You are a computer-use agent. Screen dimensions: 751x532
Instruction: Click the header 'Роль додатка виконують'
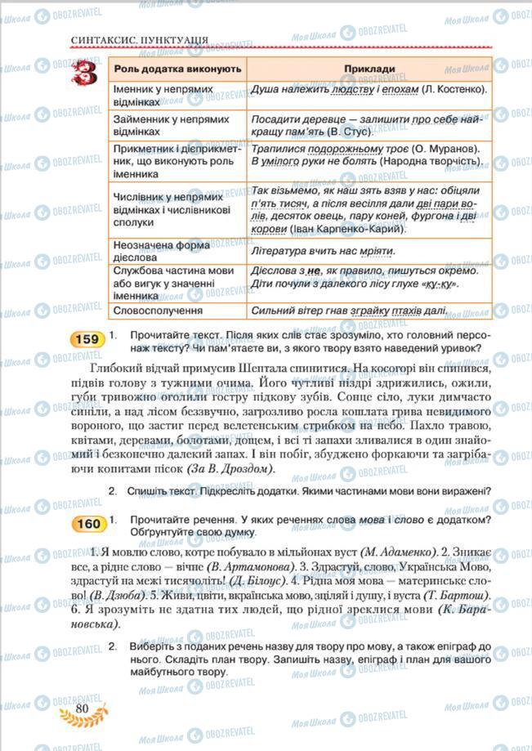coord(177,69)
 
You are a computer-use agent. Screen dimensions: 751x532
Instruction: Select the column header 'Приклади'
coord(369,69)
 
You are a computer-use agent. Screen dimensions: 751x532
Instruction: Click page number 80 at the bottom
coord(81,708)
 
